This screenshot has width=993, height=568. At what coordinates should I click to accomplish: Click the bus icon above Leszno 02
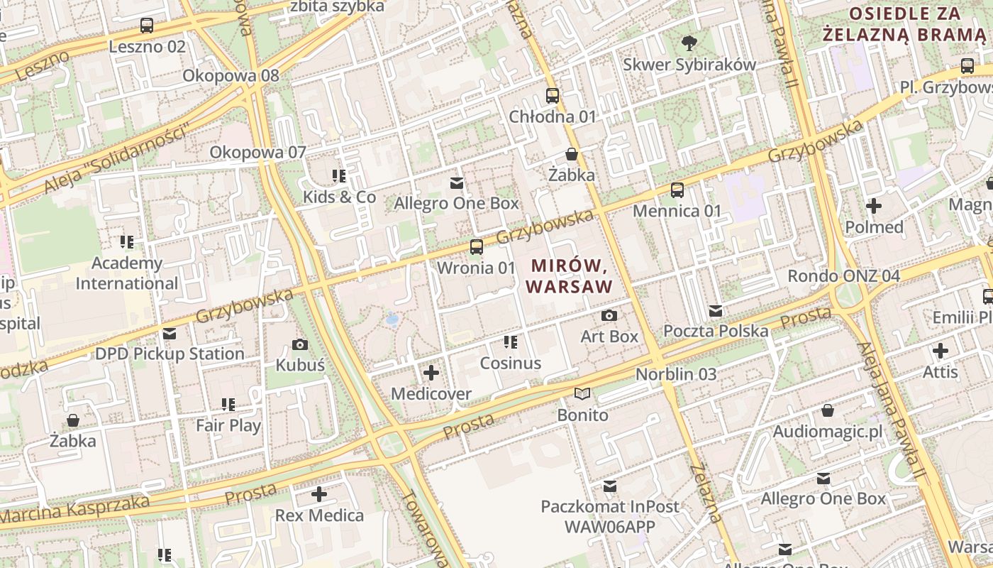point(147,26)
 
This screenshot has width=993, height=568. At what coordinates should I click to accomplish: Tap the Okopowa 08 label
point(231,75)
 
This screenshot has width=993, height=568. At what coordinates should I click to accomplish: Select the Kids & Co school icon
point(339,175)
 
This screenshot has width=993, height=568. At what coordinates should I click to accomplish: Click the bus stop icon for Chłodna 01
point(553,95)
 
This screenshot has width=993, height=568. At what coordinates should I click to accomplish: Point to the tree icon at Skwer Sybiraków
point(689,43)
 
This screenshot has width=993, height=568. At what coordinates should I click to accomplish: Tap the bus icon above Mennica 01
point(677,190)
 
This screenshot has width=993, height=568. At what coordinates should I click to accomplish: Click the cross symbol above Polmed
point(874,206)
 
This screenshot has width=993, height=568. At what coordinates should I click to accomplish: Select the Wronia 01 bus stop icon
point(477,247)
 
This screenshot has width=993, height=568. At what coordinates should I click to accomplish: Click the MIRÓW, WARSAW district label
point(571,276)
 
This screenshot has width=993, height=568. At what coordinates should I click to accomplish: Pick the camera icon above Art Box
point(609,315)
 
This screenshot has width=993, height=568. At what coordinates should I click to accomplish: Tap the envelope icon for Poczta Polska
point(716,310)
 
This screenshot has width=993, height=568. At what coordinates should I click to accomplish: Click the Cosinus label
point(511,364)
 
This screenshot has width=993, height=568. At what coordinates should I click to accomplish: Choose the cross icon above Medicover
point(431,372)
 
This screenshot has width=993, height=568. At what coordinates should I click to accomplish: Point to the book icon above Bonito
point(582,393)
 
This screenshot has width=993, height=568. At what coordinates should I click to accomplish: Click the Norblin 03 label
point(676,374)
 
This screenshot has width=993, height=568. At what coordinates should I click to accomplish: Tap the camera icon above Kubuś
point(300,345)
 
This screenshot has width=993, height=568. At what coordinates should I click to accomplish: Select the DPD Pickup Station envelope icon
point(169,333)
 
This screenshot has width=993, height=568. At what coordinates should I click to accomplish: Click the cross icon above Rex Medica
point(319,493)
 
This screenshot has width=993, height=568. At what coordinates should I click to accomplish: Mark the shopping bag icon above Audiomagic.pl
point(827,410)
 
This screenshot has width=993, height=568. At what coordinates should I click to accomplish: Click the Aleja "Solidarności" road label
point(118,159)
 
